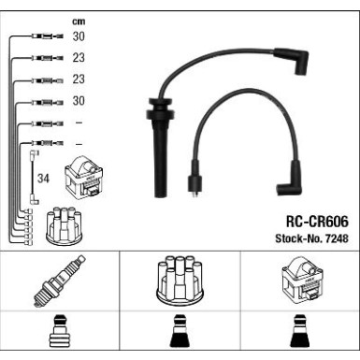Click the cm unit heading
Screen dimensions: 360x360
(x=78, y=20)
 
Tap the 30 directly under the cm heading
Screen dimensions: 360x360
(x=79, y=36)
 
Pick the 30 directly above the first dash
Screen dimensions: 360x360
(x=79, y=101)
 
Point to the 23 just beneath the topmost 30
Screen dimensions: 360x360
(x=79, y=58)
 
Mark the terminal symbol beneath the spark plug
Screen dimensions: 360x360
(x=60, y=336)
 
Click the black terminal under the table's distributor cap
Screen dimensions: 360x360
(x=179, y=336)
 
